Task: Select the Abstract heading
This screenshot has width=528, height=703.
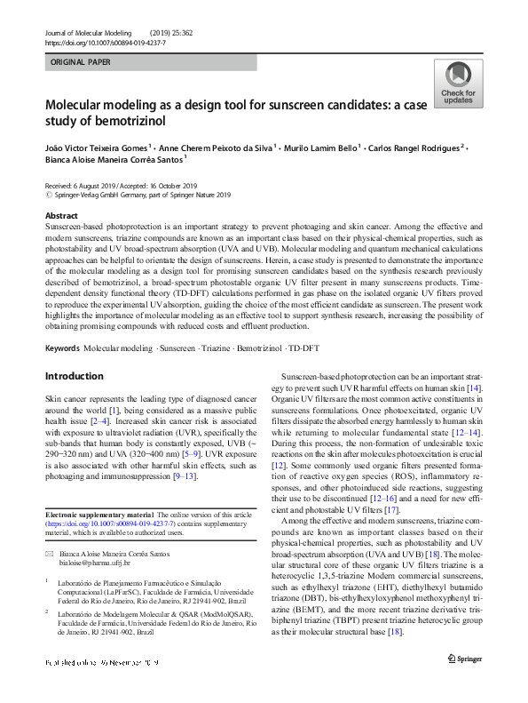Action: click(x=61, y=215)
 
